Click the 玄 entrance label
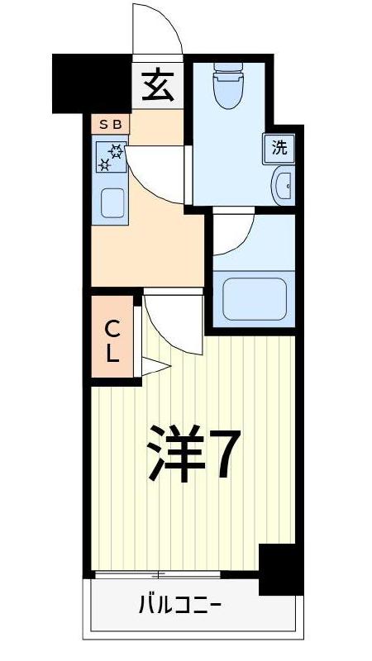(157, 84)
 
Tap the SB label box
(110, 125)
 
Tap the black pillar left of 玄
(92, 83)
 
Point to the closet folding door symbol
(152, 366)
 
